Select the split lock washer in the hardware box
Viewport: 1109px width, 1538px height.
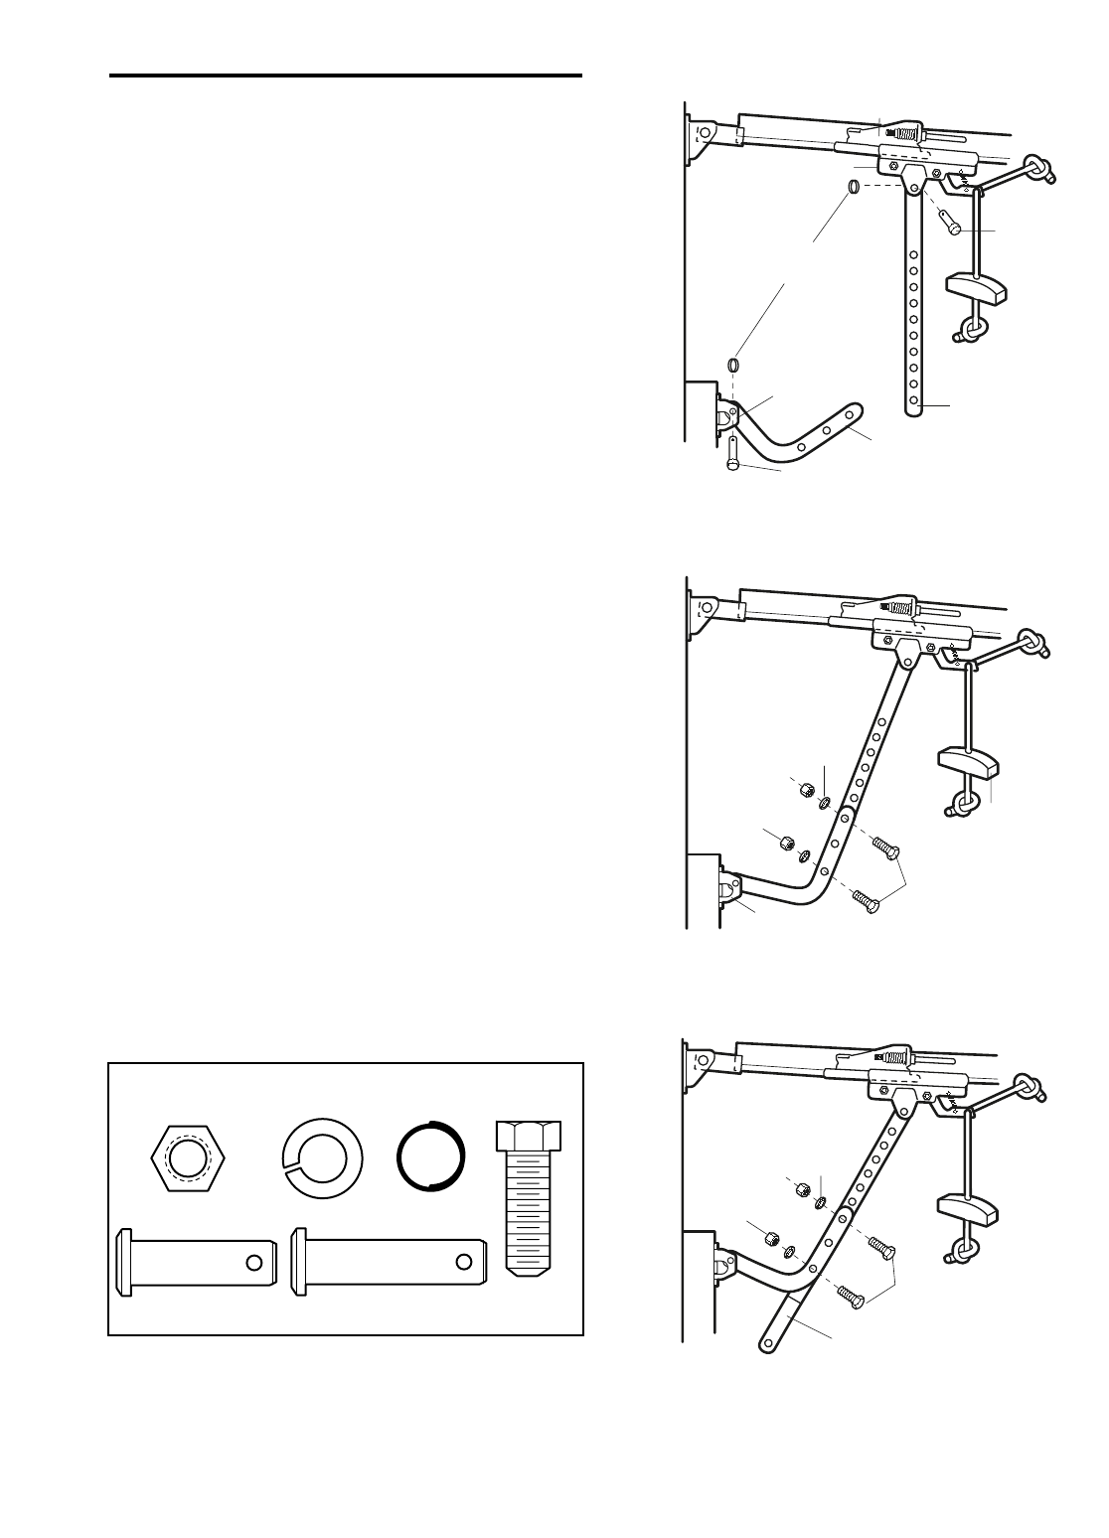click(323, 1157)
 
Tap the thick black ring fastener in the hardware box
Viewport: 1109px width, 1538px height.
click(430, 1156)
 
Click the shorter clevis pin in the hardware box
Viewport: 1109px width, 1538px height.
click(195, 1262)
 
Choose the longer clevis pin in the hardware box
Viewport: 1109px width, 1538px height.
click(388, 1262)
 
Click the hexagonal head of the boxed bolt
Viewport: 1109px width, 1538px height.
click(527, 1134)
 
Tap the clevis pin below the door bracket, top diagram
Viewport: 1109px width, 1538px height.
click(732, 454)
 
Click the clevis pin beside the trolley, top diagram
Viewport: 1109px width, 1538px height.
click(950, 217)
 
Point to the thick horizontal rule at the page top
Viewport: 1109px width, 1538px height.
click(345, 76)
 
